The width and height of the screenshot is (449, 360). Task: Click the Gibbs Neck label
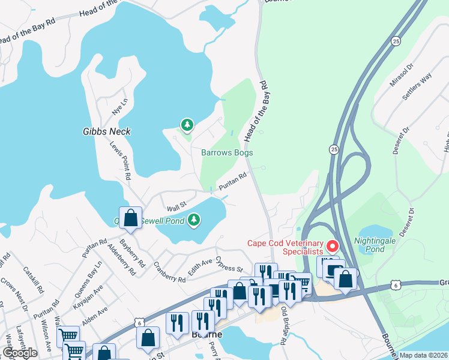tap(107, 131)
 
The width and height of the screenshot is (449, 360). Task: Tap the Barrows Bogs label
tap(226, 152)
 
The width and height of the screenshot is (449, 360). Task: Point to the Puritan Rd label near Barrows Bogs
tap(234, 182)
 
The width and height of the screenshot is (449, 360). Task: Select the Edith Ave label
tap(200, 267)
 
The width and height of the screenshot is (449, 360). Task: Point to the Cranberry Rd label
tap(169, 271)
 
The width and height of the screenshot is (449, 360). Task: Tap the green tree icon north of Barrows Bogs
tap(187, 125)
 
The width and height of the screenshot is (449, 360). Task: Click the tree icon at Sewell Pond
tap(194, 220)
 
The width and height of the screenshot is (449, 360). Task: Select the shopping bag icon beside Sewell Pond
tap(130, 218)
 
